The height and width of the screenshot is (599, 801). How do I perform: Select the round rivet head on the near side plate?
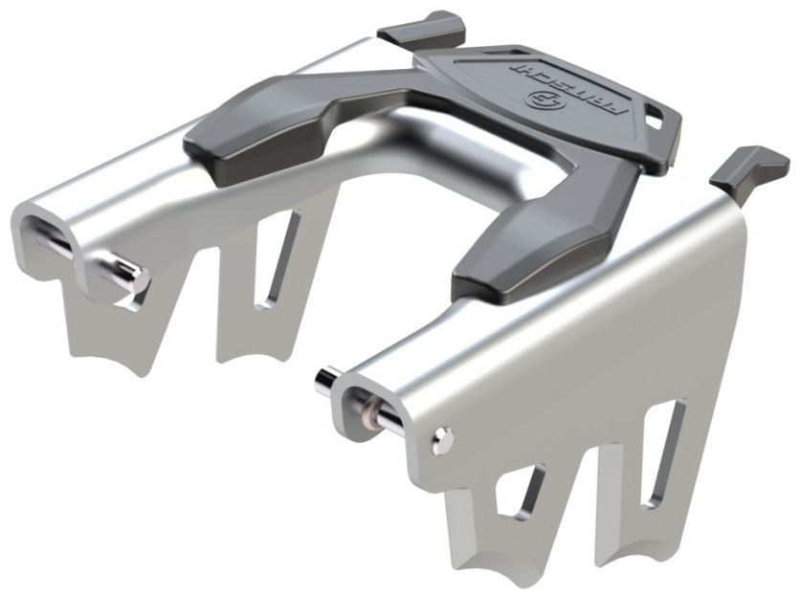[x=442, y=440]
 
